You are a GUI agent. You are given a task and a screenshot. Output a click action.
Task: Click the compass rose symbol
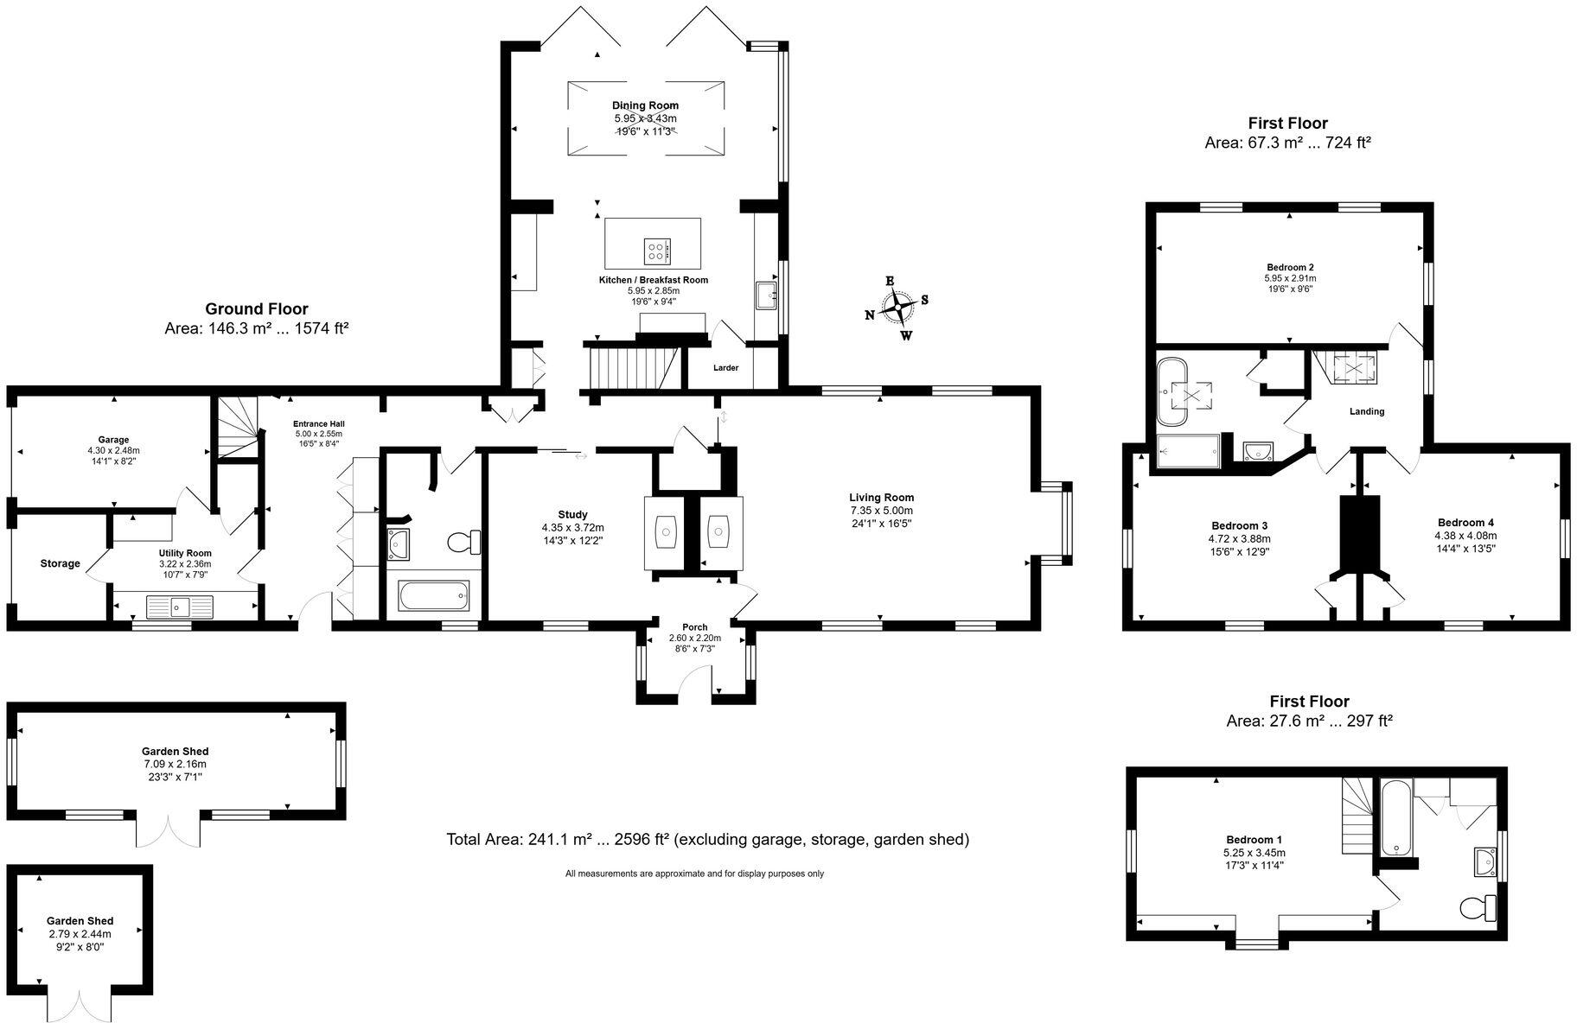coord(897,308)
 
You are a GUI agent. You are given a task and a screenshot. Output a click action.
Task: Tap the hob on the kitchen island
coord(656,251)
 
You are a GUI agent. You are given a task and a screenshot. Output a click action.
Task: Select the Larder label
coord(725,368)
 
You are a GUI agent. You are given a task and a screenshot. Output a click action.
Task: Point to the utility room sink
coord(180,607)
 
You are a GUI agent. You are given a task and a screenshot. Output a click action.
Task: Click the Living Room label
coord(881,498)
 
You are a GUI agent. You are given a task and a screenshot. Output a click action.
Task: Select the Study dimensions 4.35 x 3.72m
coord(572,528)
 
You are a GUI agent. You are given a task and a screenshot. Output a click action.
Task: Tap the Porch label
coord(694,627)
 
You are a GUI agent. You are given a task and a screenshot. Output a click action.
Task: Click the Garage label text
coord(113,440)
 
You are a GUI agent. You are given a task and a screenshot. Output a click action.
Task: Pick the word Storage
coord(60,564)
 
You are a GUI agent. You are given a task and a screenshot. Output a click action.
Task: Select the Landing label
coord(1367,412)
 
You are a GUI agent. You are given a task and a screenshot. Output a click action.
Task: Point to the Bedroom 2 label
coord(1290,268)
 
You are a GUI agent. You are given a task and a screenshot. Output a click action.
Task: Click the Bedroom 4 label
coord(1465,523)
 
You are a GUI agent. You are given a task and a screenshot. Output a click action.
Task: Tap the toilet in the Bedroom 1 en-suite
coord(1478,907)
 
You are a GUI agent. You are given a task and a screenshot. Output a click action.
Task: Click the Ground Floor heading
coord(256,309)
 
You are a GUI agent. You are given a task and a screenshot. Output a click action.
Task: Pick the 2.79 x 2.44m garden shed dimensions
coord(80,934)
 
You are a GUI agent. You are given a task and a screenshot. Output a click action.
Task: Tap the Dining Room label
coord(645,105)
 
